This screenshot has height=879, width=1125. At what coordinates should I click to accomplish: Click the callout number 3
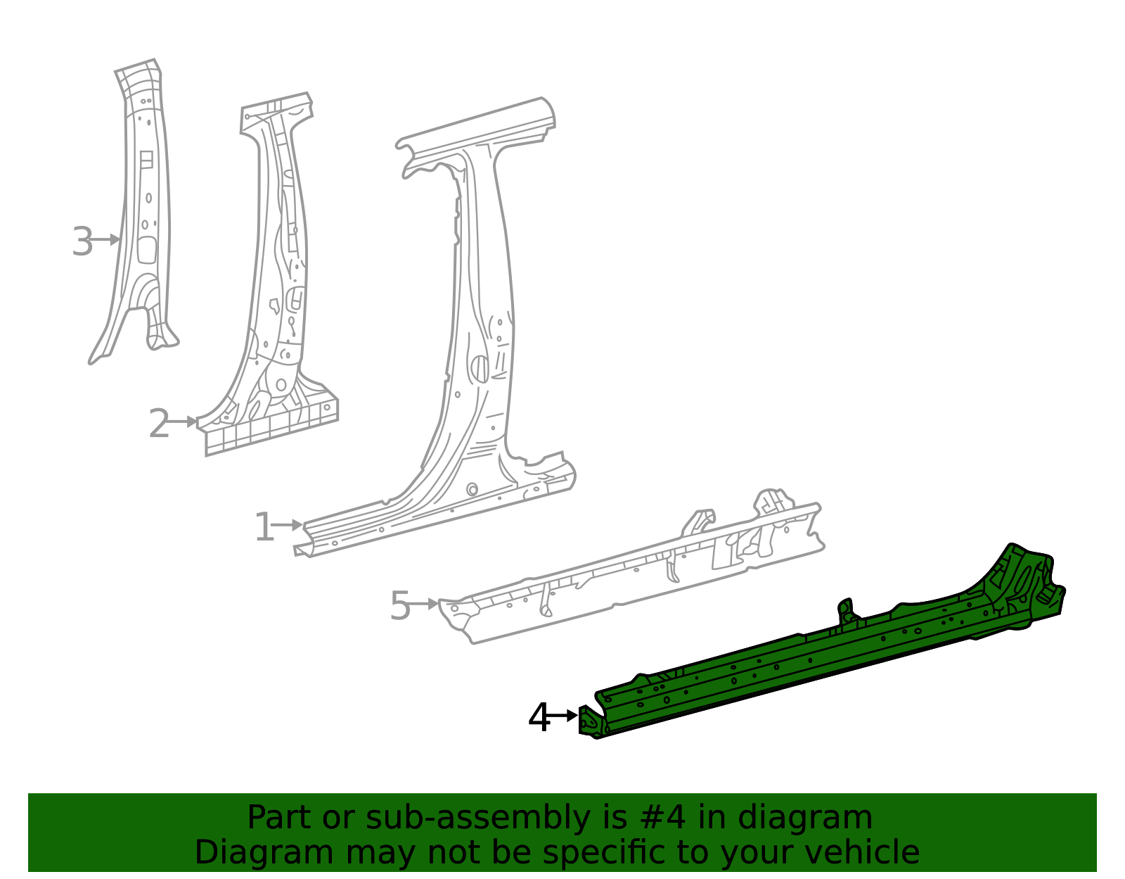click(x=82, y=242)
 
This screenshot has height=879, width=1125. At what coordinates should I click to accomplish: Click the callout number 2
click(x=159, y=424)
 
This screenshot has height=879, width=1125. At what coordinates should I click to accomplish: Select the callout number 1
click(x=264, y=528)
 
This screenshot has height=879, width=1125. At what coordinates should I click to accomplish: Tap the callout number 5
click(x=399, y=606)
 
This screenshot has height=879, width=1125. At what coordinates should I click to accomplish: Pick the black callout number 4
click(x=539, y=719)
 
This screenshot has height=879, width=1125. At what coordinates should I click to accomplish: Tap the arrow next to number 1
click(x=289, y=525)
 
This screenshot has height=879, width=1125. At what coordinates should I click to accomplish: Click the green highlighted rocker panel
click(x=809, y=662)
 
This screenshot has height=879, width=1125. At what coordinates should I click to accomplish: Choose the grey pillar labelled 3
click(x=146, y=211)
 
